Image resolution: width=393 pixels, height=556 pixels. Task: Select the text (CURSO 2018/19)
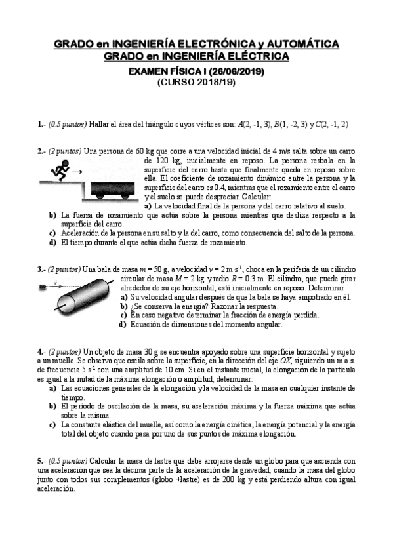click(x=196, y=83)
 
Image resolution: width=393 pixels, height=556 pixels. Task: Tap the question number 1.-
click(x=41, y=124)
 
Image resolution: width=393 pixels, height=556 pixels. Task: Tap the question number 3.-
click(x=41, y=269)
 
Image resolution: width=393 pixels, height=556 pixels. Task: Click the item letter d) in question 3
click(x=123, y=324)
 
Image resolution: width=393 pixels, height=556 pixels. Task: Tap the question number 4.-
click(x=41, y=351)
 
